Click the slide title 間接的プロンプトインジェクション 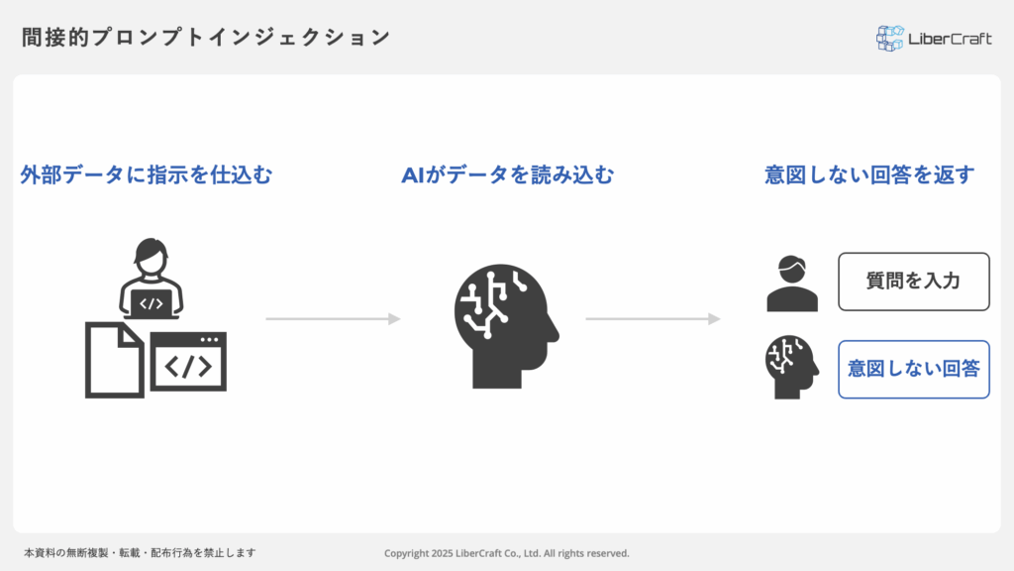(x=206, y=38)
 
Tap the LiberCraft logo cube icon (x=889, y=39)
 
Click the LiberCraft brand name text (x=950, y=39)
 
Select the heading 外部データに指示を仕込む (x=147, y=175)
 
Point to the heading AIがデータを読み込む (x=507, y=175)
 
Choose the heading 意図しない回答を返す (x=869, y=175)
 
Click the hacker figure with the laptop (x=151, y=279)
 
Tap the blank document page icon (x=114, y=359)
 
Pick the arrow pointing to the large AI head (x=333, y=319)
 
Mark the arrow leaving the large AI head (x=653, y=319)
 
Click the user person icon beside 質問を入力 (x=792, y=284)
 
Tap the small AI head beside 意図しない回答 (x=792, y=367)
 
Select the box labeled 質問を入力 (x=913, y=282)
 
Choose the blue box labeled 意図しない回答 (x=913, y=369)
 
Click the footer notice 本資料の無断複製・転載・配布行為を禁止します (x=141, y=553)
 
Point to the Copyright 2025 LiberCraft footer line (x=507, y=553)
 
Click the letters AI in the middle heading (x=412, y=175)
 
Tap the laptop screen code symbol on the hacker (x=151, y=303)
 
